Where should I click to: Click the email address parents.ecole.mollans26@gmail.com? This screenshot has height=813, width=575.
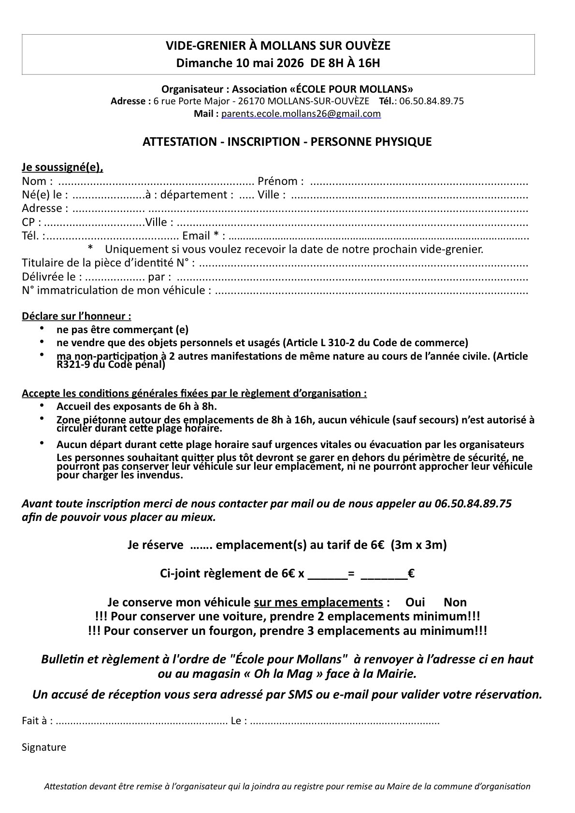pyautogui.click(x=301, y=114)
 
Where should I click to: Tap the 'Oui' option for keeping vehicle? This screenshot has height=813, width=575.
pyautogui.click(x=415, y=602)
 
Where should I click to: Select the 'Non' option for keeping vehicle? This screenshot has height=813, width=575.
pyautogui.click(x=455, y=602)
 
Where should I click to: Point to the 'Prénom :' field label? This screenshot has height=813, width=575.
pyautogui.click(x=281, y=182)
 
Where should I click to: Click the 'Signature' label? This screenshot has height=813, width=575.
pyautogui.click(x=44, y=747)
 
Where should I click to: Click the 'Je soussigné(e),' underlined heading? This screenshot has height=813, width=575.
pyautogui.click(x=62, y=168)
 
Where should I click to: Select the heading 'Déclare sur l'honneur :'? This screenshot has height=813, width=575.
pyautogui.click(x=76, y=317)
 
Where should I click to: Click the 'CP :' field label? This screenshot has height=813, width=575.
pyautogui.click(x=31, y=223)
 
